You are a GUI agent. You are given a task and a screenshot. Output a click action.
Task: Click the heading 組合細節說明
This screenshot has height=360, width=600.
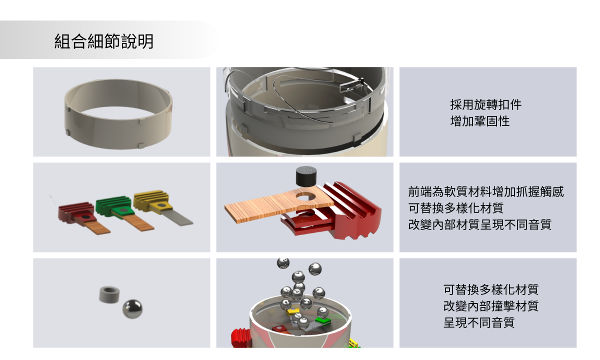point(104,41)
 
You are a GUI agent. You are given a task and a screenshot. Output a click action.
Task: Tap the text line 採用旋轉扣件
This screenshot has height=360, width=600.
point(486,104)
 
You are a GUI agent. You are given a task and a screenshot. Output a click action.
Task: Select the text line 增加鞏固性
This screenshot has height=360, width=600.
point(479,121)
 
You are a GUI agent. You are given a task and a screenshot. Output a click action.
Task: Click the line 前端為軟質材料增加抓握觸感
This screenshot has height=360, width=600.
point(486,191)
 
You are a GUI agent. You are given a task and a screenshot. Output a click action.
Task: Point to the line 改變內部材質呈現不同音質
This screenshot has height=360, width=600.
point(479,224)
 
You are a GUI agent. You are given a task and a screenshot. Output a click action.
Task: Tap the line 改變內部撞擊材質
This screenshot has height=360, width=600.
point(490,306)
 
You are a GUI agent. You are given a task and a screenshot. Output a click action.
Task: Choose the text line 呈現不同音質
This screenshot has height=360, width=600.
point(479,322)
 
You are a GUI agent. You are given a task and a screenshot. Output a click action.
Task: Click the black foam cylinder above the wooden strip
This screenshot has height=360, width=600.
point(306,176)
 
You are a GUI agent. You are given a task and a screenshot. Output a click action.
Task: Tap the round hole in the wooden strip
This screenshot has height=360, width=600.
point(306,197)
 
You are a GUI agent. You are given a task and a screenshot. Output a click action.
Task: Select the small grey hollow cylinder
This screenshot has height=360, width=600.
point(109,294)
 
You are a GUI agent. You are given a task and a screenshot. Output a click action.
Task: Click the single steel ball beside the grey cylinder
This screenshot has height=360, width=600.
point(132,309)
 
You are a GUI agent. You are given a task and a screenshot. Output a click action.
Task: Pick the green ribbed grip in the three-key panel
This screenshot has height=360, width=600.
point(114,205)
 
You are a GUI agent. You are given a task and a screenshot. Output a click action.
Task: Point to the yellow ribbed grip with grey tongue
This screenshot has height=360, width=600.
point(151,200)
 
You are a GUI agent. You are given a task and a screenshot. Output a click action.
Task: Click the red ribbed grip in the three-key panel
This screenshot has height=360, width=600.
point(76,212)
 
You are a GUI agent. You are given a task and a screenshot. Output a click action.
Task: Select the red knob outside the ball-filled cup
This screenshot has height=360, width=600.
point(241,338)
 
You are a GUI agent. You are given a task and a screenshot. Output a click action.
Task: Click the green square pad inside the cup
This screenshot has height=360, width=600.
point(323,320)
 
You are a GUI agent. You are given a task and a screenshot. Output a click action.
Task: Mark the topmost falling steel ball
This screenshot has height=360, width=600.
point(283,263)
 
